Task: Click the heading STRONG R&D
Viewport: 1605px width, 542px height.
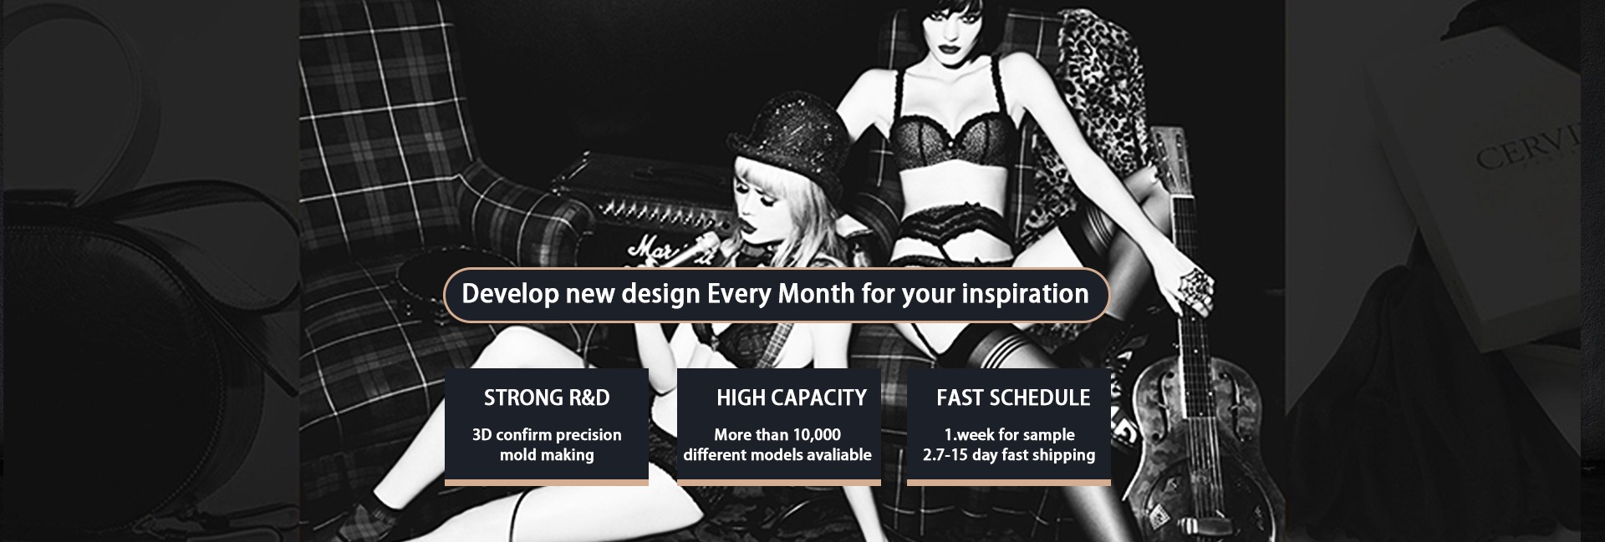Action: [x=547, y=398]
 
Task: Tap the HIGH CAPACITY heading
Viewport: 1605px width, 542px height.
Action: [x=792, y=398]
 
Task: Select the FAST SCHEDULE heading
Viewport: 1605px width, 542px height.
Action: [x=1013, y=398]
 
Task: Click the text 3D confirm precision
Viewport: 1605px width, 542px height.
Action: [x=547, y=435]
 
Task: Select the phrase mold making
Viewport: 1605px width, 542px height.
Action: [x=547, y=455]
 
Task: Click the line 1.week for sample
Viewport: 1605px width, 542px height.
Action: [x=1009, y=435]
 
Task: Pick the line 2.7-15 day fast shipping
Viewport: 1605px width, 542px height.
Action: [x=1009, y=455]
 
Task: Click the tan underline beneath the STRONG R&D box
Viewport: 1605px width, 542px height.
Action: [x=547, y=483]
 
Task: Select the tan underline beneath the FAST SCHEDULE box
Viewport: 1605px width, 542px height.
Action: [x=1009, y=483]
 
